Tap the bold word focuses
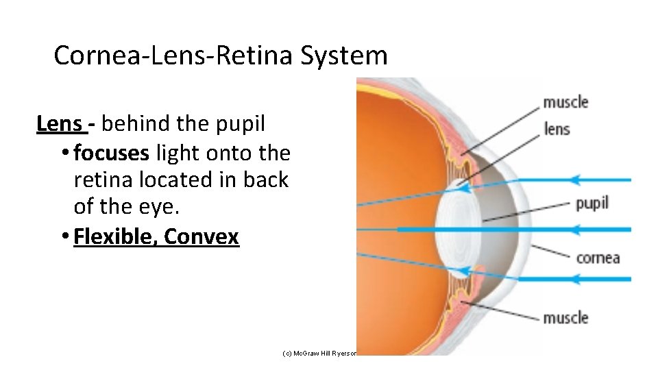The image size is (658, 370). coord(111,152)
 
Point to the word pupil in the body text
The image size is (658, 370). coord(240,125)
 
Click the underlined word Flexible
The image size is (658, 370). coord(116,236)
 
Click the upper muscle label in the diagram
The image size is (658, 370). coord(565,102)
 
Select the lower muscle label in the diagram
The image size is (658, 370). coord(565,318)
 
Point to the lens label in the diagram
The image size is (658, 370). coord(557,128)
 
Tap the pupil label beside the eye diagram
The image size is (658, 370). coord(592,203)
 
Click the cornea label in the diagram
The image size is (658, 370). coord(598,258)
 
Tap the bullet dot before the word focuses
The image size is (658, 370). coord(64,153)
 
